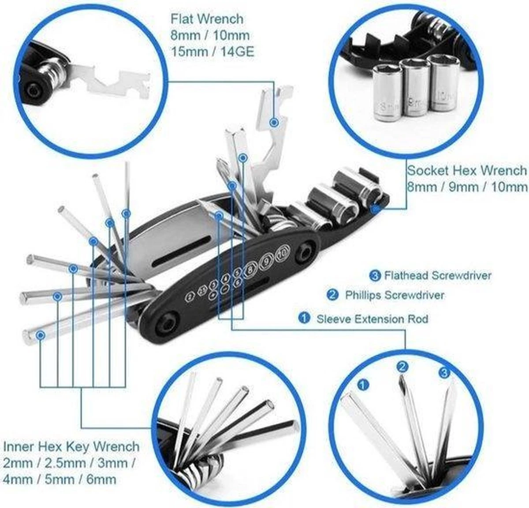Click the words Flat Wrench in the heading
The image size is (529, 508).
(x=207, y=19)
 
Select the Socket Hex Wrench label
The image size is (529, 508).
(x=466, y=170)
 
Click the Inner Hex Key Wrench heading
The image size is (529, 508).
(x=71, y=446)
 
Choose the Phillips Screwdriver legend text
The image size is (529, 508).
(x=395, y=295)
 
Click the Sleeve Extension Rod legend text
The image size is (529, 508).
(x=372, y=318)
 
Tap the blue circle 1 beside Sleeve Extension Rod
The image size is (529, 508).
(x=304, y=318)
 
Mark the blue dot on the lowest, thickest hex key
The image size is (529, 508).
(x=41, y=335)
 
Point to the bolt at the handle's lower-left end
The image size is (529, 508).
(x=168, y=321)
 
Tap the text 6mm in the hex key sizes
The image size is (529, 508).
(x=101, y=479)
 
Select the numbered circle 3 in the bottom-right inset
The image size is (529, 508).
(x=444, y=373)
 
